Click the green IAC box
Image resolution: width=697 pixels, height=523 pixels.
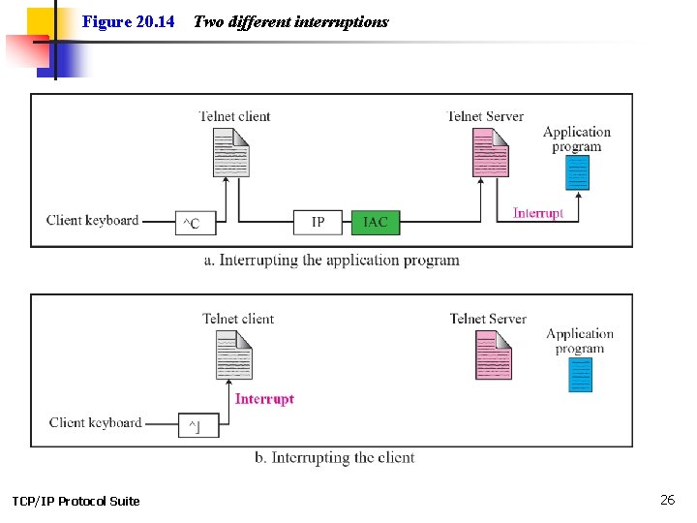point(375,223)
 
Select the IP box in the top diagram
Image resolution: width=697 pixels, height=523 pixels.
point(318,223)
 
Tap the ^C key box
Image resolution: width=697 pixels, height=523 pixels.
point(194,224)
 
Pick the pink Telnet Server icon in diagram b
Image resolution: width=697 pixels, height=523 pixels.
point(493,355)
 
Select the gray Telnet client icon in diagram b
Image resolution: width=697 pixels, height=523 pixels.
point(233,355)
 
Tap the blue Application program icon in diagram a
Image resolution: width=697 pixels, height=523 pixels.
point(578,172)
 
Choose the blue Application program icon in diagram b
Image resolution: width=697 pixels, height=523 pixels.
point(581,374)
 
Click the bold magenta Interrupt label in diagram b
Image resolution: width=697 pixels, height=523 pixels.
point(264,399)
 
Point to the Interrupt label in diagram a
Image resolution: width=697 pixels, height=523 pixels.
point(537,213)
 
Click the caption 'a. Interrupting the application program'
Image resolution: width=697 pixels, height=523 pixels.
point(332,260)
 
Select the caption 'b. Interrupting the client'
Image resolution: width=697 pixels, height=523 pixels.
point(334,457)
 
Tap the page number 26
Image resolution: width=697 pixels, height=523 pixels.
point(667,500)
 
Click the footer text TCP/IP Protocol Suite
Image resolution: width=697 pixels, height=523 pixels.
point(76,501)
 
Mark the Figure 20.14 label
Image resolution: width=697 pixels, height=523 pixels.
point(128,21)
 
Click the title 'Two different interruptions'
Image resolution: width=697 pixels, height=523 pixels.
point(290,21)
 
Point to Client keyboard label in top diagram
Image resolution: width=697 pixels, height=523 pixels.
point(92,220)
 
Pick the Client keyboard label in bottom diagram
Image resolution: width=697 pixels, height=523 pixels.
point(95,422)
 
